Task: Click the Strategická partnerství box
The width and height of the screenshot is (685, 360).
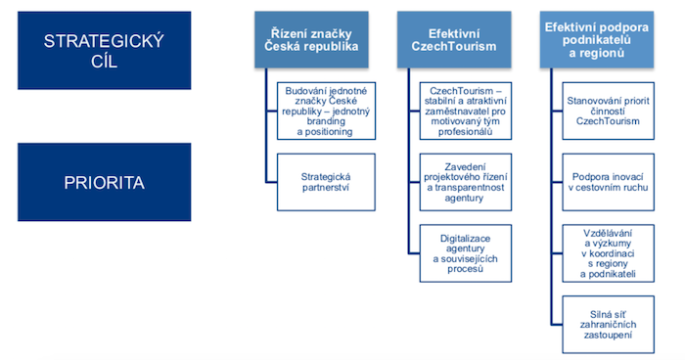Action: [326, 183]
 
